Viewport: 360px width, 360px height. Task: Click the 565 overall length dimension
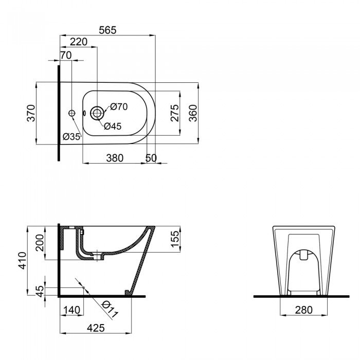[x=107, y=30]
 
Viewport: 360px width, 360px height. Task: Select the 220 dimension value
[x=78, y=42]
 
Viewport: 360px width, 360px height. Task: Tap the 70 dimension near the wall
[x=65, y=55]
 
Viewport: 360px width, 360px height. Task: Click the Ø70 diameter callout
[x=119, y=107]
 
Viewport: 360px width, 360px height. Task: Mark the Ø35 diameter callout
[x=71, y=137]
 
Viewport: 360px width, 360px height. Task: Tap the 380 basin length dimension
[x=114, y=158]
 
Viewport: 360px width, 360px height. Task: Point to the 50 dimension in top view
[x=151, y=158]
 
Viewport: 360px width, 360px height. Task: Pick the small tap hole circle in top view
[x=71, y=113]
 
